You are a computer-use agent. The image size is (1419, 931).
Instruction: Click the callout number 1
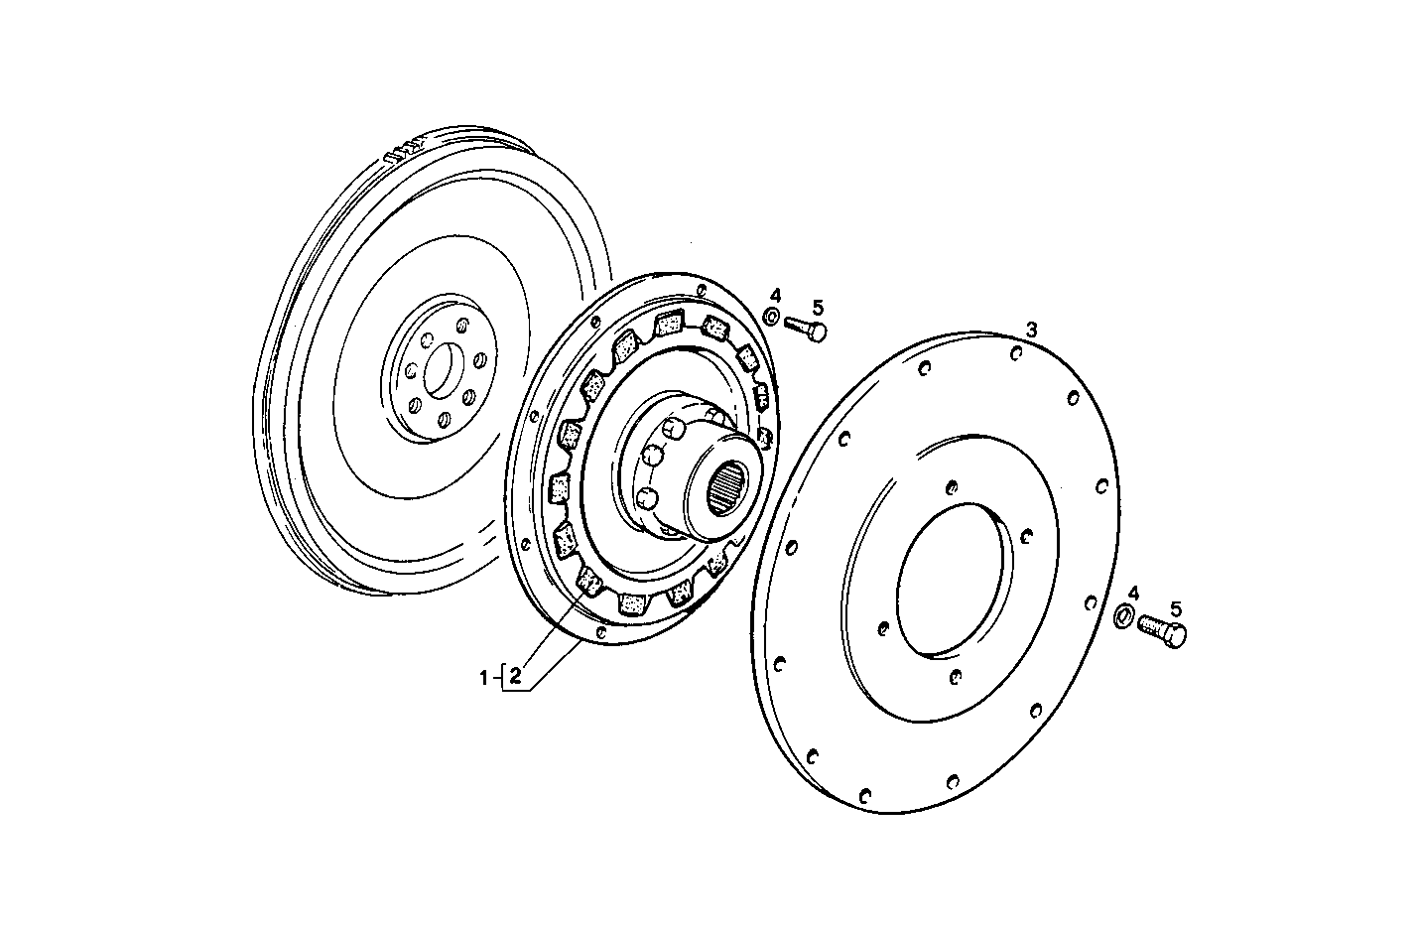coord(484,679)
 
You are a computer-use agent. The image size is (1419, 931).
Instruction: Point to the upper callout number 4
coord(776,295)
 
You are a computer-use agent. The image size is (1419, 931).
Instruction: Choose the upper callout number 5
coord(818,307)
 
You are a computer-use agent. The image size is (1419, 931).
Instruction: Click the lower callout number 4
coord(1133,593)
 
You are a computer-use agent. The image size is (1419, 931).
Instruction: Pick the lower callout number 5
coord(1176,608)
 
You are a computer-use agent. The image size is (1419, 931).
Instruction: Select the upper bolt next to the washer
coord(805,328)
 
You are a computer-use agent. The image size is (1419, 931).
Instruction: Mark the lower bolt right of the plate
coord(1163,630)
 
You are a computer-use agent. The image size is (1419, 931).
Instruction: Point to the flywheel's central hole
coord(444,371)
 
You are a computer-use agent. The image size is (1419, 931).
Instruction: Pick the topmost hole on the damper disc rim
coord(701,292)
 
